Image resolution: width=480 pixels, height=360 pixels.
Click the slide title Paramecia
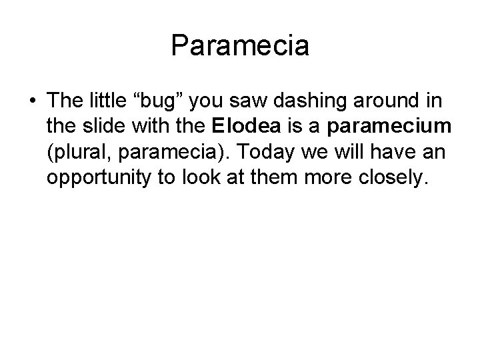click(240, 46)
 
